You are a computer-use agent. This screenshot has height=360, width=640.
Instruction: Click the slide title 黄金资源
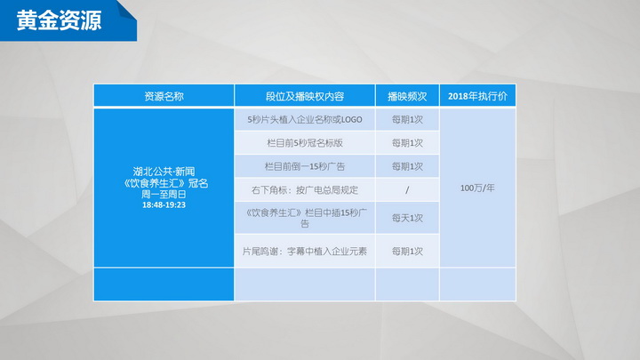click(59, 20)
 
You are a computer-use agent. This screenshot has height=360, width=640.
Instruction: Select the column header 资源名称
click(164, 96)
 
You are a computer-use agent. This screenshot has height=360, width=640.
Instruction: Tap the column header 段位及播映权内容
click(305, 96)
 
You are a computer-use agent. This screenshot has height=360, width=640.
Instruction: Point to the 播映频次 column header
click(407, 96)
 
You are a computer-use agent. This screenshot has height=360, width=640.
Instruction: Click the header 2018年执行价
click(477, 96)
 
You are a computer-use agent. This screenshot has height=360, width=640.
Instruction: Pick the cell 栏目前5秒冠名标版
click(305, 143)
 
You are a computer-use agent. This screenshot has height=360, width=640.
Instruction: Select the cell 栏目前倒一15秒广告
click(305, 166)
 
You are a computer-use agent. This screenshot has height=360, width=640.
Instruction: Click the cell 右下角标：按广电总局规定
click(305, 190)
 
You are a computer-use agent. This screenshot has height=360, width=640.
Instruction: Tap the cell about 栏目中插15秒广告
click(305, 218)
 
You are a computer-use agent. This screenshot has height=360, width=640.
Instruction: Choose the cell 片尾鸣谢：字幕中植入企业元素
click(305, 252)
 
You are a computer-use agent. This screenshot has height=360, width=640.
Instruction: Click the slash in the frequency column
click(407, 190)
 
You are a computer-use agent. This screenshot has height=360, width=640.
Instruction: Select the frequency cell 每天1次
click(407, 218)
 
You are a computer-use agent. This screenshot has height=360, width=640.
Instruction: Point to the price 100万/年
click(477, 188)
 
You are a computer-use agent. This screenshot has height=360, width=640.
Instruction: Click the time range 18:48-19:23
click(164, 205)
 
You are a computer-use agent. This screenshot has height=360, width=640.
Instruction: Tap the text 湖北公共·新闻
click(164, 172)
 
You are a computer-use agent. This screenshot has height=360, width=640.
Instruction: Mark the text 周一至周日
click(164, 195)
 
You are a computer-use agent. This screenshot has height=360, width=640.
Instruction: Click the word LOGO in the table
click(351, 120)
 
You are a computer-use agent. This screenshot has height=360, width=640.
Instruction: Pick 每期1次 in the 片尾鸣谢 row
click(407, 252)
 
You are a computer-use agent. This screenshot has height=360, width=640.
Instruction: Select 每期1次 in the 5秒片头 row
click(407, 120)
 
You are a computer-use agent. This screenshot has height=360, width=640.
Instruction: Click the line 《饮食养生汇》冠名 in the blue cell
click(165, 183)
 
